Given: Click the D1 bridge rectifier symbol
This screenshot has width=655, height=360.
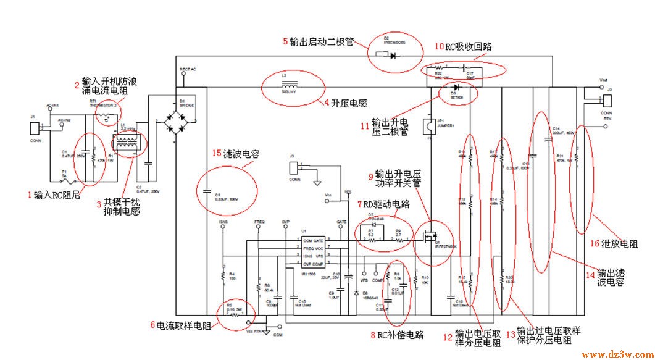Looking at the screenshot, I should pos(176,122).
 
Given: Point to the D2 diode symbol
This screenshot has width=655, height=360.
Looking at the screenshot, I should pos(393,55).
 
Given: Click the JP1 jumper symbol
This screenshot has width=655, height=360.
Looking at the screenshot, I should pos(427,127).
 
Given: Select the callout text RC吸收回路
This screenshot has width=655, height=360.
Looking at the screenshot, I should pos(469,46).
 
